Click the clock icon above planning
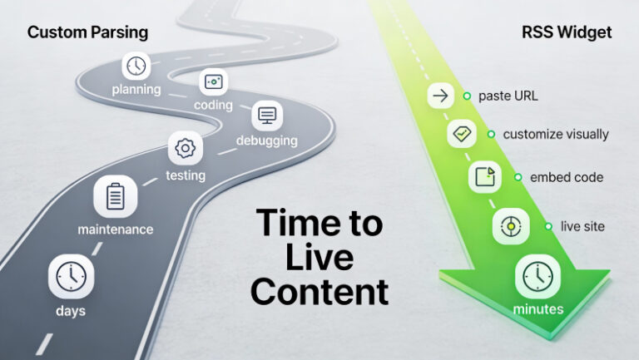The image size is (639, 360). coord(136,66)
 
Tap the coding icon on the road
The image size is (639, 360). coord(213,81)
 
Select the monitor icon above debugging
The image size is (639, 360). coord(267,116)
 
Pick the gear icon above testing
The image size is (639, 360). coord(185,148)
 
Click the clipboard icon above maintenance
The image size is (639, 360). coord(116,196)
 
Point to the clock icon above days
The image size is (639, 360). coord(71,277)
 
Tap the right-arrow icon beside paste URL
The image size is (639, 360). coord(440,96)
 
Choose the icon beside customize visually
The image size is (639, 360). coord(462,134)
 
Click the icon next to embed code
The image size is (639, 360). coord(485,177)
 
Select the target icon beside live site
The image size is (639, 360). coord(511,226)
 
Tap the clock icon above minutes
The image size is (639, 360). coord(538,277)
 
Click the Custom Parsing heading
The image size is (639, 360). coord(87,32)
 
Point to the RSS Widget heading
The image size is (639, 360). coord(567,32)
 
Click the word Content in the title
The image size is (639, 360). coord(319,292)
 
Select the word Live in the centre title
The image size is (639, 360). coord(319,257)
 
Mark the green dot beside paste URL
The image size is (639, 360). coord(467,96)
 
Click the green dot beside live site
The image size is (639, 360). coord(548,226)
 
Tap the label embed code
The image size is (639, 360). coord(567,177)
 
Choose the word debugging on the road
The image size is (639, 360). coord(267,141)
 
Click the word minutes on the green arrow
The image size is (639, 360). coord(538,309)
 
